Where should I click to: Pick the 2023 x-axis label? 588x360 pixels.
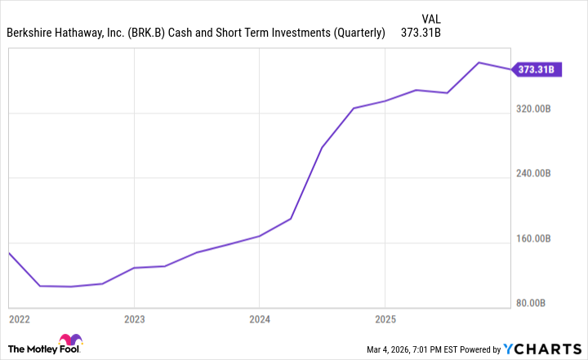tap(134, 318)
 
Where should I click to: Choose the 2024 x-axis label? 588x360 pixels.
tap(259, 318)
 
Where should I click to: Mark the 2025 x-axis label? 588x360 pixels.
tap(385, 318)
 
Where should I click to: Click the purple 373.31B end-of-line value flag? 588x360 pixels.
tap(535, 70)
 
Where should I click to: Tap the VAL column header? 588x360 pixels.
tap(433, 17)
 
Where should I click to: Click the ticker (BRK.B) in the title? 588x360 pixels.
tap(145, 33)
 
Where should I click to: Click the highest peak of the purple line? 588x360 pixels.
tap(479, 62)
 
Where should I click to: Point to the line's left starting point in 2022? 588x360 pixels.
tap(9, 253)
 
